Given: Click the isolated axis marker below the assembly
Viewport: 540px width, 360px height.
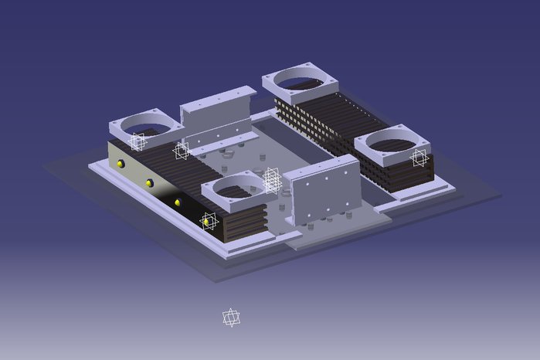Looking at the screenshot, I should point(231,318).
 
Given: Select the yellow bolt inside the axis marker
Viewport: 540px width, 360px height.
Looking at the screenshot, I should point(206,222).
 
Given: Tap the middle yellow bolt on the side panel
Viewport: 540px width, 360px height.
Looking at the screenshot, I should point(149,183).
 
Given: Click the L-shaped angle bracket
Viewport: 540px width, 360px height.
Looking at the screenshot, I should point(219,116).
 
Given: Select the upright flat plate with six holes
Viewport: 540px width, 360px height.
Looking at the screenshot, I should point(323,189).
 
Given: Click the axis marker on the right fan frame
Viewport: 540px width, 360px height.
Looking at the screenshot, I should point(419,158).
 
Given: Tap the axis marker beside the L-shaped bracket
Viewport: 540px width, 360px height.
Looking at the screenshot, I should point(182,150).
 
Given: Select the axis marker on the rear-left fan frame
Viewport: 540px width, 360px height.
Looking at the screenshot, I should point(138,141).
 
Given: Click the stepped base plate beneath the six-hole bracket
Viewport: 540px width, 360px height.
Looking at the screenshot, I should point(340,232).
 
